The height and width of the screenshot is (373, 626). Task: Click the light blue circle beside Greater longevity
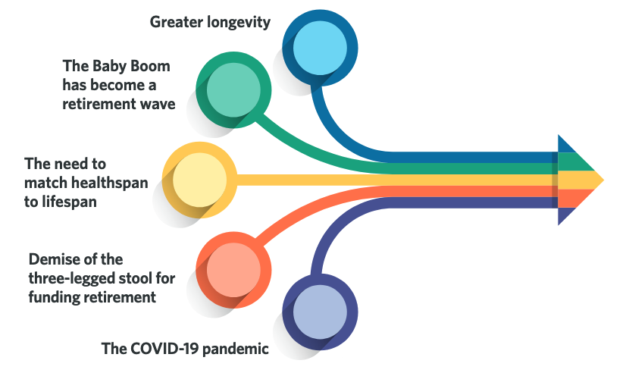pyautogui.click(x=320, y=48)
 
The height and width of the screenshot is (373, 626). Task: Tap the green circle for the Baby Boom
pyautogui.click(x=233, y=90)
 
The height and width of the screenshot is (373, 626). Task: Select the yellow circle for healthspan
pyautogui.click(x=199, y=180)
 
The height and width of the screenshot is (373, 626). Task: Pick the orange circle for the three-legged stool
pyautogui.click(x=233, y=270)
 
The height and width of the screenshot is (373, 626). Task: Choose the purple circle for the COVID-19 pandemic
pyautogui.click(x=320, y=312)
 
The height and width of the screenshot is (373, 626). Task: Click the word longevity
pyautogui.click(x=238, y=22)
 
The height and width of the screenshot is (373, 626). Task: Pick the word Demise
pyautogui.click(x=49, y=259)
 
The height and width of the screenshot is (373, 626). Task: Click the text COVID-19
pyautogui.click(x=164, y=349)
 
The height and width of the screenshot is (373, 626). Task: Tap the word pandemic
pyautogui.click(x=236, y=349)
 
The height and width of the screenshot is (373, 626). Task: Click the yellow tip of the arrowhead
pyautogui.click(x=603, y=180)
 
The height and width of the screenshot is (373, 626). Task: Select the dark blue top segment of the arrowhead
pyautogui.click(x=565, y=146)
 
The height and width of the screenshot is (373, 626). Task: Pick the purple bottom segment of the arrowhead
pyautogui.click(x=565, y=215)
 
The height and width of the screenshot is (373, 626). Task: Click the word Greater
pyautogui.click(x=176, y=22)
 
